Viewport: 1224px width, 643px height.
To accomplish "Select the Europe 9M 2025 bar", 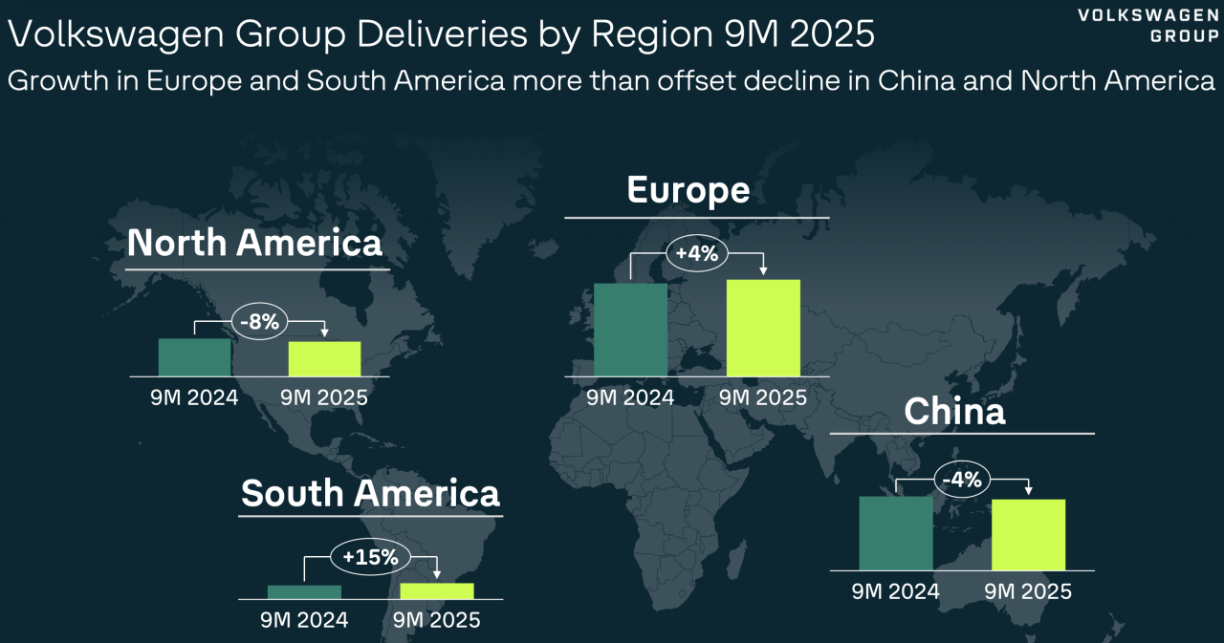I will click(x=763, y=328).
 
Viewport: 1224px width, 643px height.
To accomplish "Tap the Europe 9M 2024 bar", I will click(x=630, y=330).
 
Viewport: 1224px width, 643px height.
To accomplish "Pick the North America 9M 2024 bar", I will click(x=194, y=356).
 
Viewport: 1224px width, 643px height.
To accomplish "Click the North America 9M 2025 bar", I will click(x=325, y=358).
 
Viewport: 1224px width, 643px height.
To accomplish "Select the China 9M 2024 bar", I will click(x=895, y=533).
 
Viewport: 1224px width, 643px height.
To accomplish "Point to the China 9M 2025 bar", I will click(x=1029, y=535).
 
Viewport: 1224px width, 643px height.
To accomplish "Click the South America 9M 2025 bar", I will click(x=437, y=590).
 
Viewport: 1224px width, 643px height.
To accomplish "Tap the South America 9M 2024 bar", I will click(x=304, y=591).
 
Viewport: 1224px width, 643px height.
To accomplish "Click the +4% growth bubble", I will click(x=696, y=254).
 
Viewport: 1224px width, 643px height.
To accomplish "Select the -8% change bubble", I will click(x=259, y=322).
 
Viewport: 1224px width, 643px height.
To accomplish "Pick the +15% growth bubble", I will click(x=370, y=556).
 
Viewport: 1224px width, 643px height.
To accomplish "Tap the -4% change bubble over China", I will click(x=962, y=480).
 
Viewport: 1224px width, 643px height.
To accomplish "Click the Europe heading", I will click(x=688, y=190).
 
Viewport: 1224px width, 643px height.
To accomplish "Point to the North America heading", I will click(x=254, y=243).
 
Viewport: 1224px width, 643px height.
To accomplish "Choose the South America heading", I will click(x=370, y=493).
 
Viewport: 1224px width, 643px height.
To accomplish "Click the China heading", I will click(x=954, y=411).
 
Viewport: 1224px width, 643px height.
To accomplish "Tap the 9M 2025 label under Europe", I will click(x=762, y=397).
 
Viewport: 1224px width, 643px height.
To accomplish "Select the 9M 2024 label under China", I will click(x=896, y=591).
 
